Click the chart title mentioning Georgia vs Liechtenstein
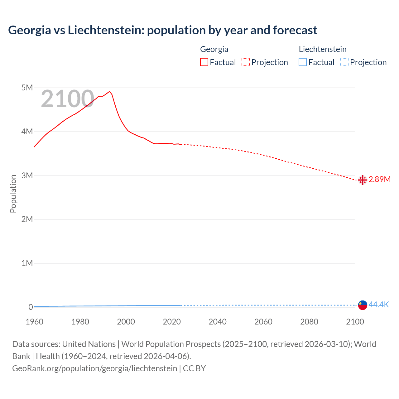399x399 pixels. tap(162, 30)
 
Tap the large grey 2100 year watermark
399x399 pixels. tap(67, 99)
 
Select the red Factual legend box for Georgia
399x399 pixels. tap(204, 62)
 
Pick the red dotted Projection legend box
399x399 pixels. tap(246, 62)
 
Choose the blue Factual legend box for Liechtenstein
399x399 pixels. tap(303, 62)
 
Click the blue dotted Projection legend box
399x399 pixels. tap(344, 62)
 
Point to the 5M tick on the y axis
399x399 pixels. tap(27, 88)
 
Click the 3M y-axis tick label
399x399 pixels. tap(27, 175)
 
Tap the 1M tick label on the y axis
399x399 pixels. tap(27, 263)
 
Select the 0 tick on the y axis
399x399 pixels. tap(31, 307)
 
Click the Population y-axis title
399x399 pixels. tap(13, 194)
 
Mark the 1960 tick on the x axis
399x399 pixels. tap(34, 322)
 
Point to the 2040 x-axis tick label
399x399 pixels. tap(218, 322)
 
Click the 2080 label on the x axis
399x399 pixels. tap(309, 322)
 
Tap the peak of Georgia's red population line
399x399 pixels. tap(109, 91)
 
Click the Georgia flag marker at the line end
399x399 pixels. tap(363, 180)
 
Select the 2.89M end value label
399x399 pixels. tap(379, 179)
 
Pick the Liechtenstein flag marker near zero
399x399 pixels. tap(363, 305)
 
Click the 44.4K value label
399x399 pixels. tap(379, 305)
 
